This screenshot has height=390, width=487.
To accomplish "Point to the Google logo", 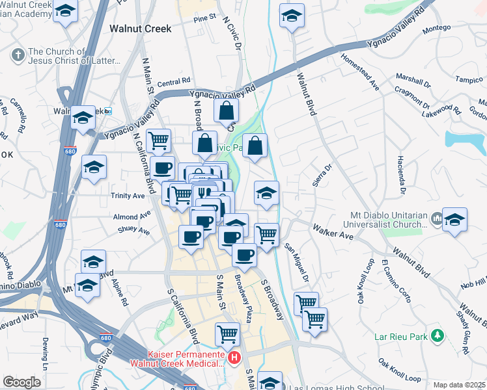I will point(21,382).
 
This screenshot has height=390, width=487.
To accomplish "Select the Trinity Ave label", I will point(129,196).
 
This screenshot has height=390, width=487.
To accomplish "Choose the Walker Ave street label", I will point(332,231).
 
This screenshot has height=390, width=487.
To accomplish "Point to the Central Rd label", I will point(173,83).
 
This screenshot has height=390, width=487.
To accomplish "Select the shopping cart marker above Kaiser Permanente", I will point(227,334).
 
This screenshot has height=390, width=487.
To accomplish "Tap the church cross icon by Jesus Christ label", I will point(18,54).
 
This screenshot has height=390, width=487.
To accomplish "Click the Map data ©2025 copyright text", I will point(459,385).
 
